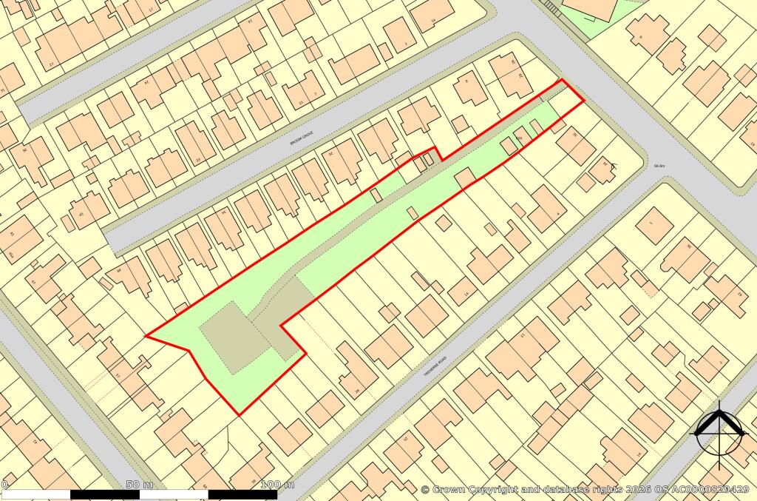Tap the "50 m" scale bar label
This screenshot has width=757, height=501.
click(140, 485)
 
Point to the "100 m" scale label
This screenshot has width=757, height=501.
click(278, 485)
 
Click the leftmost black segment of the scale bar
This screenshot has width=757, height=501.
click(106, 494)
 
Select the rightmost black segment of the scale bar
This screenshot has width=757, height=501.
click(243, 494)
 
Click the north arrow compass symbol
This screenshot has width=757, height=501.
click(718, 431)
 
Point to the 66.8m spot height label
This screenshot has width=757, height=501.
click(660, 167)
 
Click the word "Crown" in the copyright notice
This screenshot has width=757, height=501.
click(452, 489)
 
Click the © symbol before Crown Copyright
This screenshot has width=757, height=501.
click(425, 489)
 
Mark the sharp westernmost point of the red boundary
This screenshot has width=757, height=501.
click(146, 336)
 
